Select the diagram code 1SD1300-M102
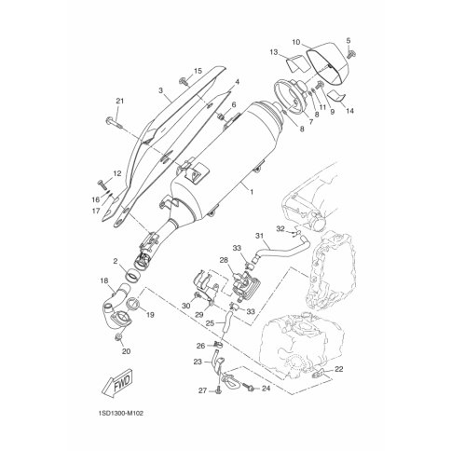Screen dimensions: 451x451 tap(120, 414)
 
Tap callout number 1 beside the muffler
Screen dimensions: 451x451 tap(252, 192)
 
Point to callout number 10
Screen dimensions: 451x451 tap(296, 42)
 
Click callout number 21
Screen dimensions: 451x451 tap(120, 101)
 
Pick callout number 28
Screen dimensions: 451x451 tap(224, 260)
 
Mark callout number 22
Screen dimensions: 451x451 tap(338, 369)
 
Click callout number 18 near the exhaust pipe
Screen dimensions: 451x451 tap(103, 280)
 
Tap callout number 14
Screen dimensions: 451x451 tap(349, 111)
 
